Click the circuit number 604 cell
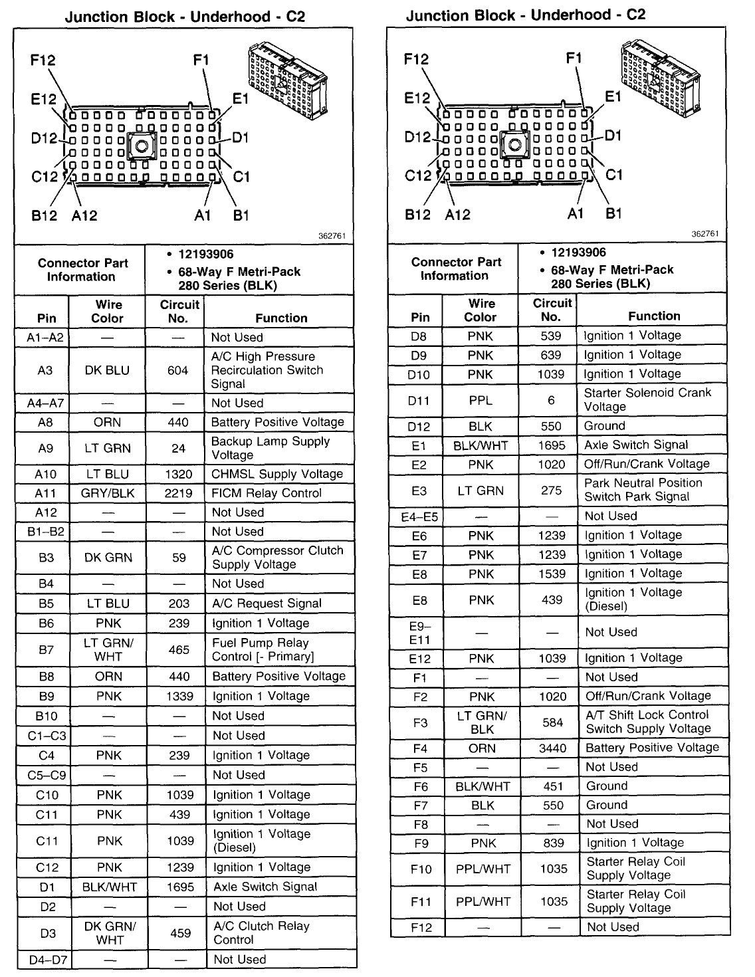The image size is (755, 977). click(177, 370)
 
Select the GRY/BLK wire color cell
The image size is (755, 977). click(108, 493)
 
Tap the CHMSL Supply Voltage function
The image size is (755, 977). click(276, 474)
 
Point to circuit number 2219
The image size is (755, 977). click(178, 493)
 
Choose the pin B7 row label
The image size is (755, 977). click(46, 649)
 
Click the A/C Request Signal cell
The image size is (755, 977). click(267, 603)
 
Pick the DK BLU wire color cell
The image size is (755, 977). click(107, 370)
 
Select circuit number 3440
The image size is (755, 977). click(552, 748)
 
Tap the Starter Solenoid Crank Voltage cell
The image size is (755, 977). click(647, 399)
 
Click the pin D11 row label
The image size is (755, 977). click(419, 400)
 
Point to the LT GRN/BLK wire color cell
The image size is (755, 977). click(482, 722)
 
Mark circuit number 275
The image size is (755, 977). click(551, 490)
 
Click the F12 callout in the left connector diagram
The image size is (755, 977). click(43, 60)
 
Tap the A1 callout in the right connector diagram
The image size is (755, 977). click(576, 213)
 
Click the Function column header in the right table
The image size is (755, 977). click(654, 316)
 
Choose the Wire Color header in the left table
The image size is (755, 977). click(108, 311)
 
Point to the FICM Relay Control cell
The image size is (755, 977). click(267, 493)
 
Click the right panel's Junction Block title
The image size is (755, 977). click(525, 15)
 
